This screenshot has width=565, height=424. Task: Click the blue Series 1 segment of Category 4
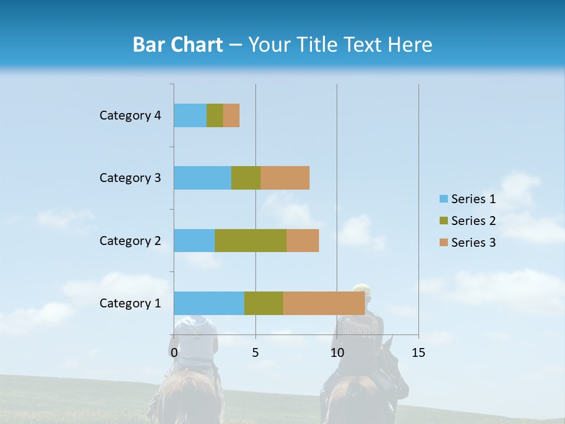[190, 115]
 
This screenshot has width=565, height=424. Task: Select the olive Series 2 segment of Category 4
[215, 115]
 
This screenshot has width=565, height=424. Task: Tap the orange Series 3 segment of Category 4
[231, 115]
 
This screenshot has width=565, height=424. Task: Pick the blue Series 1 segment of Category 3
[202, 178]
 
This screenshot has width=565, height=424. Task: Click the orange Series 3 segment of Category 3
[285, 178]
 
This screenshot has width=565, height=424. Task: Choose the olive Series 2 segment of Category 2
[251, 240]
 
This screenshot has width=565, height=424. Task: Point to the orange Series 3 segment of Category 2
[303, 240]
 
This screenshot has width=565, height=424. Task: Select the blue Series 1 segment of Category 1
[209, 303]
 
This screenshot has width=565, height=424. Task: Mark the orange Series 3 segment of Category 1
[324, 303]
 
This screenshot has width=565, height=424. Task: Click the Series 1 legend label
[473, 199]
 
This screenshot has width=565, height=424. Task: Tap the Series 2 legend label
[473, 221]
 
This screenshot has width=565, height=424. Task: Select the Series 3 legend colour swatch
[443, 243]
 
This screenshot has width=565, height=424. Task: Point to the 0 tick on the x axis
[174, 353]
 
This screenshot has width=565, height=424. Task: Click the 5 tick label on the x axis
[255, 353]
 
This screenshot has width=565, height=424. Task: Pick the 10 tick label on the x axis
[337, 353]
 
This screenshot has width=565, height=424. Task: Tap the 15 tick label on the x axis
[418, 353]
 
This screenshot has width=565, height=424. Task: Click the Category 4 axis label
[130, 115]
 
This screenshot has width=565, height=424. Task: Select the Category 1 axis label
[130, 303]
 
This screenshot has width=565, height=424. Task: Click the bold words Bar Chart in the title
[178, 45]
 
